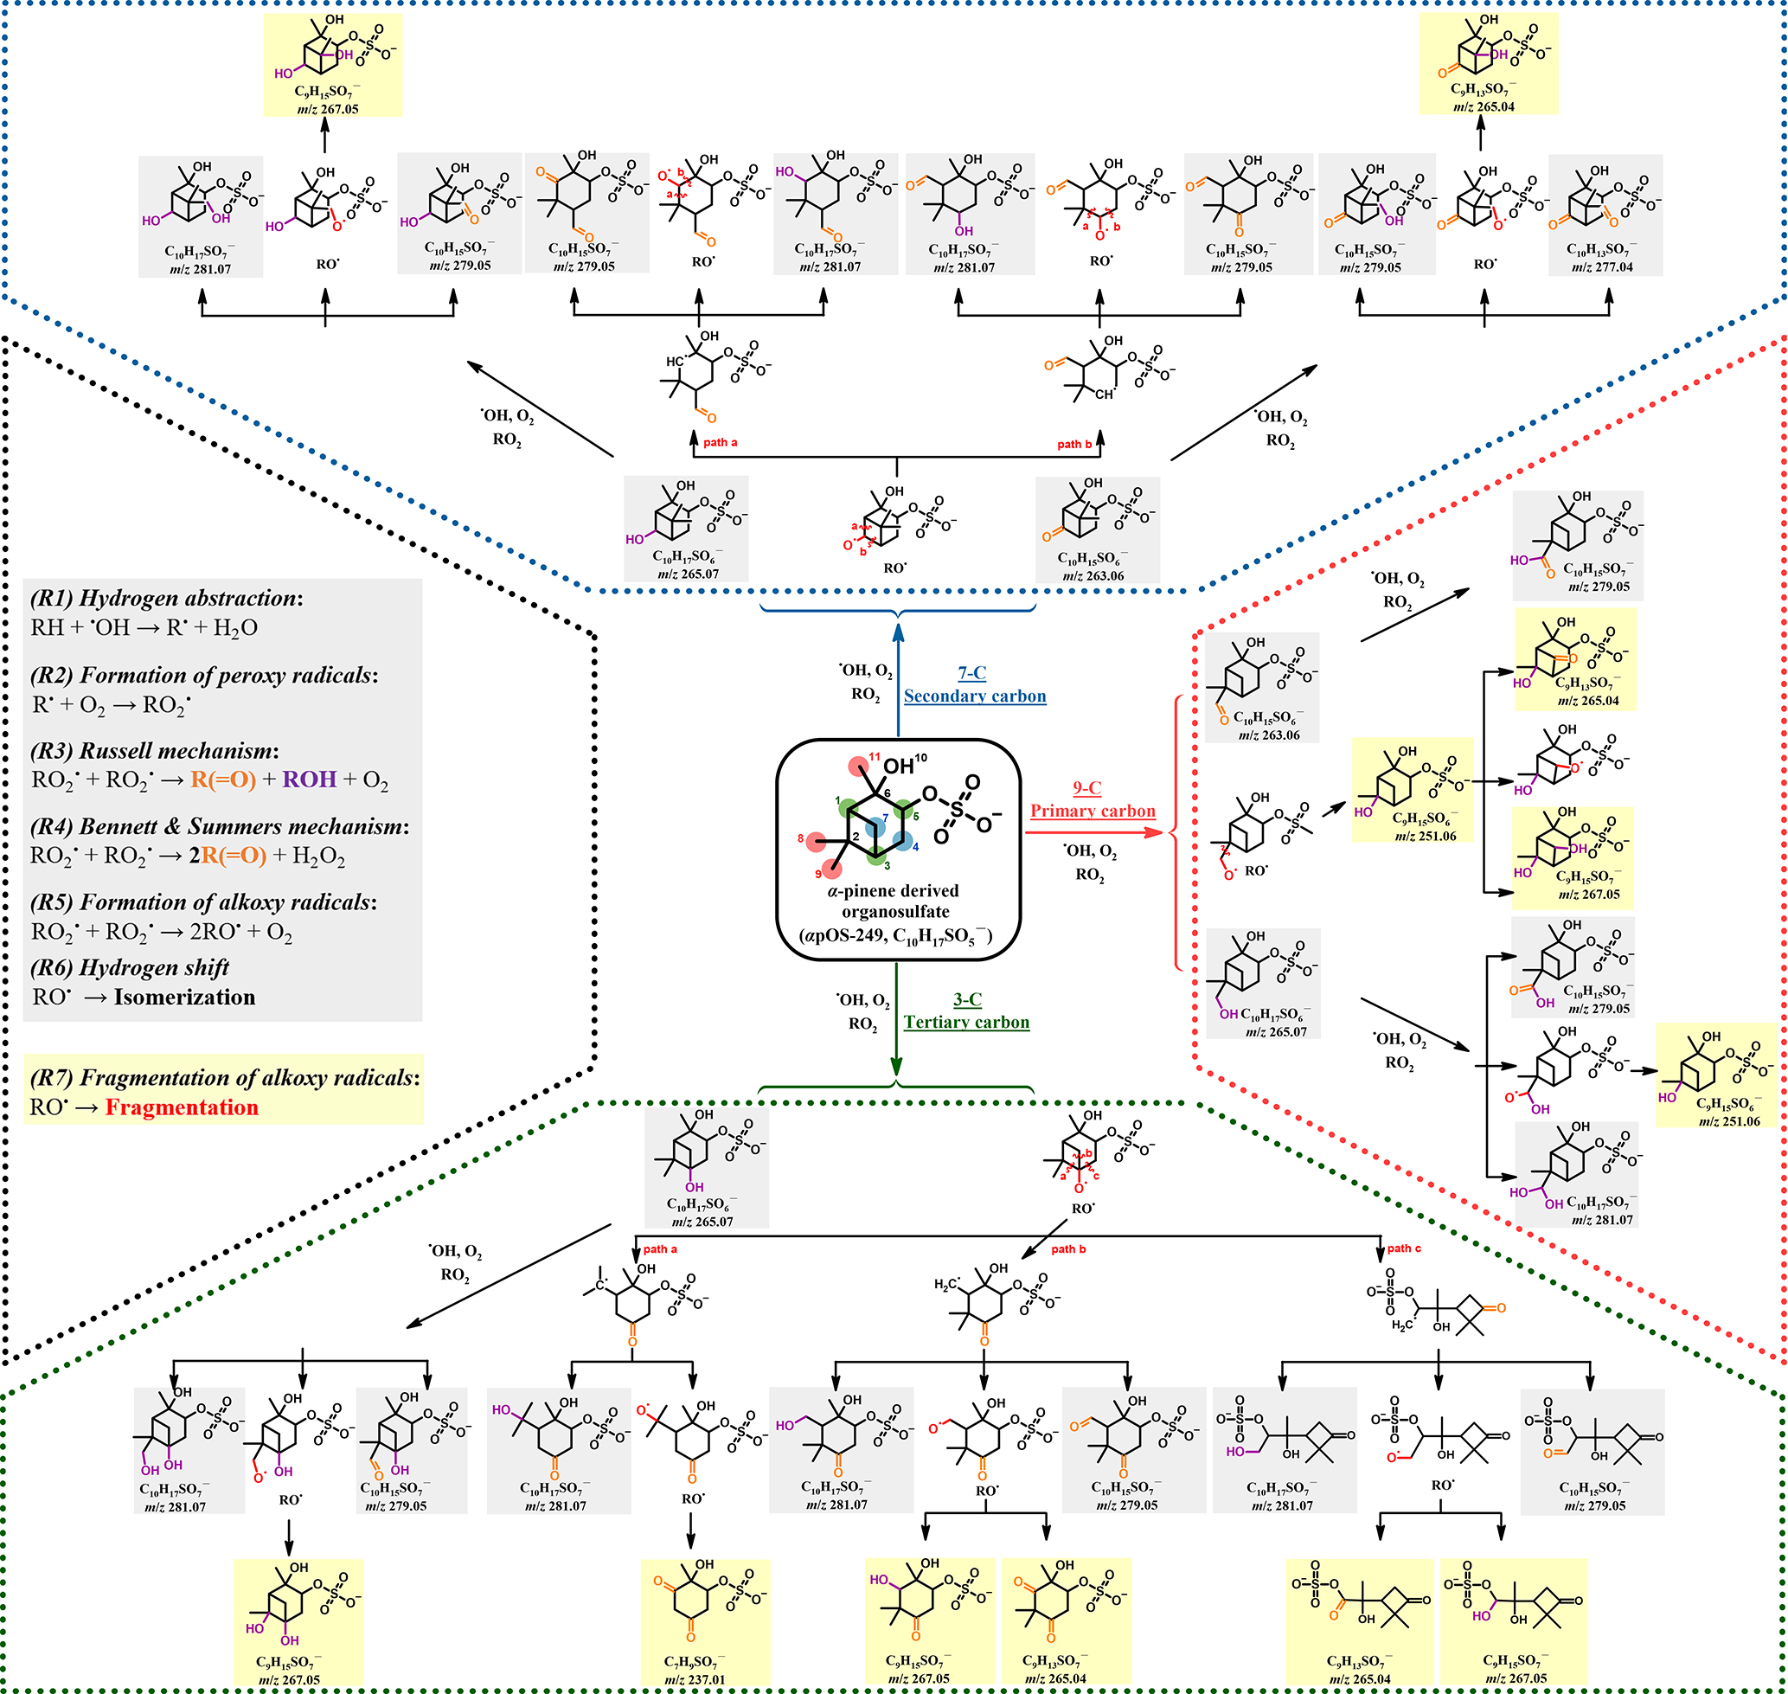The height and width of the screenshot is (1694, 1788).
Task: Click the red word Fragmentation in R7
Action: (x=182, y=1108)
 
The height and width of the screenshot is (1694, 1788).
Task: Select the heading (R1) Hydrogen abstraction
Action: (x=166, y=599)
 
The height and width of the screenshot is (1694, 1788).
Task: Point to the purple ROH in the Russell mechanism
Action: (x=310, y=780)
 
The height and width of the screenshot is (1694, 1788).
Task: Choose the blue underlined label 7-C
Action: (x=971, y=673)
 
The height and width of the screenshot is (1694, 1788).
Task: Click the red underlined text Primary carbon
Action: (x=1093, y=811)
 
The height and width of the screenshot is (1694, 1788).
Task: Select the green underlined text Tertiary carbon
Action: (x=966, y=1022)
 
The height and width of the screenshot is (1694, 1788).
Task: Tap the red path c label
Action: (x=1404, y=1248)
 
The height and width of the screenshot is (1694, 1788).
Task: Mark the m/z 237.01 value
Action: (x=695, y=1680)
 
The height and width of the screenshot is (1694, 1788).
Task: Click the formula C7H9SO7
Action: (x=694, y=1662)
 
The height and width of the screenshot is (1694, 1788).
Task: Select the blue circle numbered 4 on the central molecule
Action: (x=902, y=840)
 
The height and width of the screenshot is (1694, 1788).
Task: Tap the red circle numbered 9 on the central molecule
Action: (x=830, y=868)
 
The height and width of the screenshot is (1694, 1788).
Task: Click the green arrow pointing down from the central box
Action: (x=896, y=1020)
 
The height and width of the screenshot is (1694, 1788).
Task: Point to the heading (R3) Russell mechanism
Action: (x=155, y=751)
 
